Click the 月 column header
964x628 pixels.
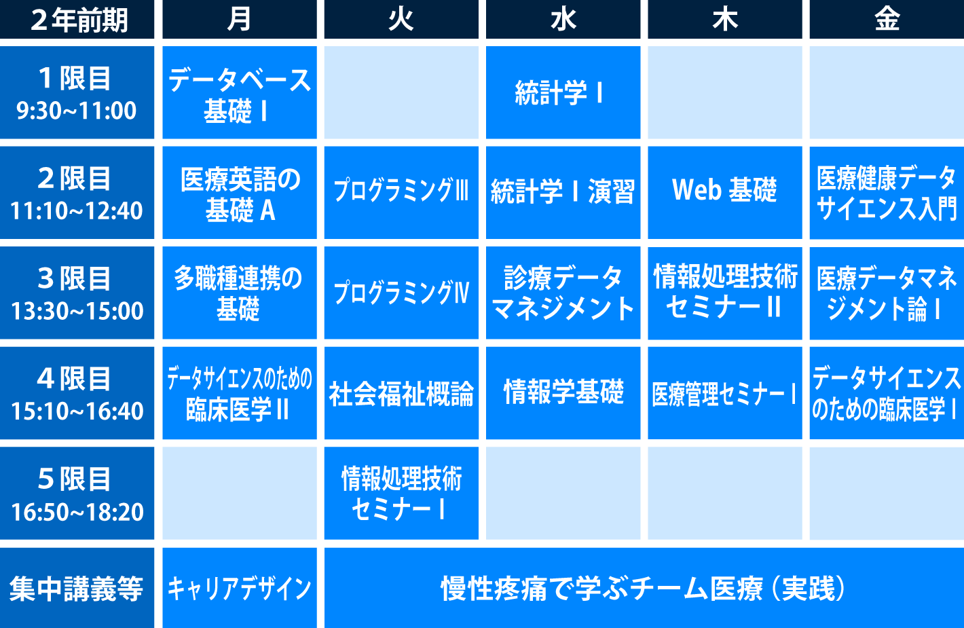click(x=239, y=19)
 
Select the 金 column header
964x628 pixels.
click(x=887, y=19)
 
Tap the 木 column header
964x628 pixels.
click(x=725, y=19)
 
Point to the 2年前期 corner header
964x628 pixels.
click(x=77, y=19)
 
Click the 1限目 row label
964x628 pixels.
click(x=77, y=92)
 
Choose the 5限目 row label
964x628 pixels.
click(x=77, y=494)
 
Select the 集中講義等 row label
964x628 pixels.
click(x=77, y=588)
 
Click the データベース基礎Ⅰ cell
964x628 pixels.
click(x=239, y=92)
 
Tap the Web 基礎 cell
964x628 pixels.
click(x=725, y=192)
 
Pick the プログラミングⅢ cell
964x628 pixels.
click(x=401, y=192)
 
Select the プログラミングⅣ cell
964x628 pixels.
click(x=401, y=293)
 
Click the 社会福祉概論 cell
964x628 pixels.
click(x=401, y=393)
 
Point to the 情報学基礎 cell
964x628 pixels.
click(x=563, y=393)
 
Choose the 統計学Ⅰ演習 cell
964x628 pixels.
click(x=563, y=192)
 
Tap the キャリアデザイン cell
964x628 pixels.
click(x=239, y=588)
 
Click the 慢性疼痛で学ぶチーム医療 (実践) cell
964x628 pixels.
click(x=644, y=588)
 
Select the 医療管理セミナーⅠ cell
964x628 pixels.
click(x=725, y=393)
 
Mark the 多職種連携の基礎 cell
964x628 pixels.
click(x=239, y=293)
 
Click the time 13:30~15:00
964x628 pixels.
click(x=77, y=311)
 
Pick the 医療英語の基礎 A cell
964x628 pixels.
click(x=239, y=192)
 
